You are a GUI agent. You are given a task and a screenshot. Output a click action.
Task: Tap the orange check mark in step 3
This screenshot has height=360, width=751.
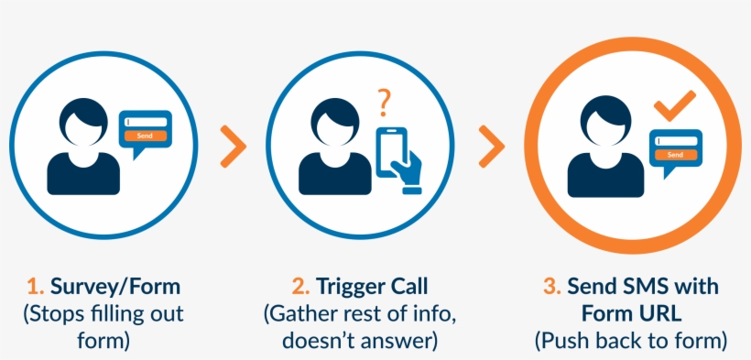pyautogui.click(x=675, y=107)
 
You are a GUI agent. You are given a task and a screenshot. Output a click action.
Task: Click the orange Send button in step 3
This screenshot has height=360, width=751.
pyautogui.click(x=675, y=155)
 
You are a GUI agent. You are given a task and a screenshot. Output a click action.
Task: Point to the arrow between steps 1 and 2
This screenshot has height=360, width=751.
pyautogui.click(x=234, y=146)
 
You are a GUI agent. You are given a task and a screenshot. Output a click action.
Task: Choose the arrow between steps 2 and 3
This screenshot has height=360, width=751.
pyautogui.click(x=492, y=146)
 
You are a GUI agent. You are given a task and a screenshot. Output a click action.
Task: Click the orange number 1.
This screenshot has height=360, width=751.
pyautogui.click(x=36, y=287)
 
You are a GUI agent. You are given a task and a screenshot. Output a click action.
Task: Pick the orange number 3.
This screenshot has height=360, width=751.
pyautogui.click(x=551, y=287)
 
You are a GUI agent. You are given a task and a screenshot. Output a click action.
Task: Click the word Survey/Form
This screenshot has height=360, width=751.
pyautogui.click(x=109, y=287)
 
